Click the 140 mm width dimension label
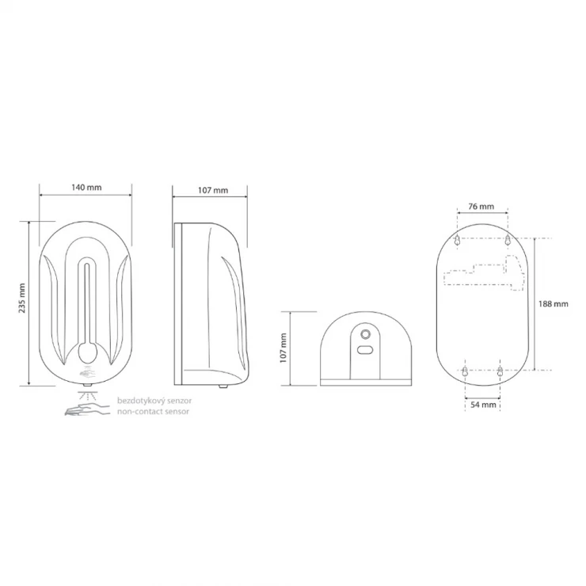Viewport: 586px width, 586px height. pyautogui.click(x=86, y=187)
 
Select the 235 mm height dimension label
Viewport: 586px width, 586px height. pyautogui.click(x=22, y=298)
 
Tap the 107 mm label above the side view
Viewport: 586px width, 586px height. pyautogui.click(x=213, y=190)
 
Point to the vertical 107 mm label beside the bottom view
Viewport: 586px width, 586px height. pyautogui.click(x=283, y=348)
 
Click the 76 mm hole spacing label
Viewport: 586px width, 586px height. pyautogui.click(x=481, y=207)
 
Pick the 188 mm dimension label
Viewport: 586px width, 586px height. pyautogui.click(x=553, y=304)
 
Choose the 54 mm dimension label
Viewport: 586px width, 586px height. pyautogui.click(x=483, y=405)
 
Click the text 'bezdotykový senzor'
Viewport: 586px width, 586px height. pyautogui.click(x=154, y=401)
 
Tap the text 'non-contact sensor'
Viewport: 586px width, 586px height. pyautogui.click(x=153, y=412)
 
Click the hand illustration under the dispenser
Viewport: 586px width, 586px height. pyautogui.click(x=87, y=409)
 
